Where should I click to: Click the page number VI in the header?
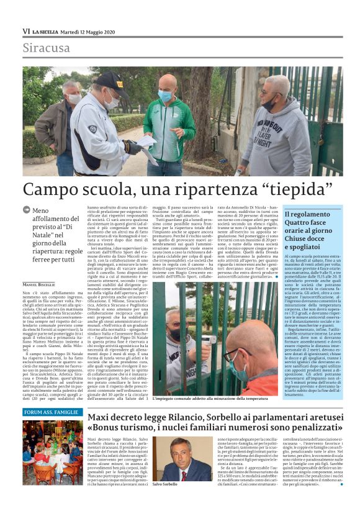(26, 30)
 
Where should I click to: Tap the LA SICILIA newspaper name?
(47, 30)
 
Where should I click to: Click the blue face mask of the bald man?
(166, 97)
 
